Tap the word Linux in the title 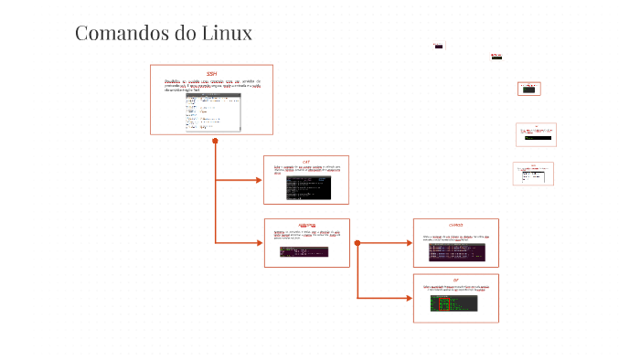pos(225,34)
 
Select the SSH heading pos(211,73)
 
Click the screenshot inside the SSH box pos(212,110)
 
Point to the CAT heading pos(306,161)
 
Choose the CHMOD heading pos(456,225)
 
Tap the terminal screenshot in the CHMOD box pos(456,249)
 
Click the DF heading pos(456,280)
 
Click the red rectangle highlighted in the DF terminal pos(443,304)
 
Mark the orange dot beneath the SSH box pos(215,142)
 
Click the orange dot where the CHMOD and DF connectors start pos(357,243)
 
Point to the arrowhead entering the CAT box pos(258,180)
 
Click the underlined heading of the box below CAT pos(306,225)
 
